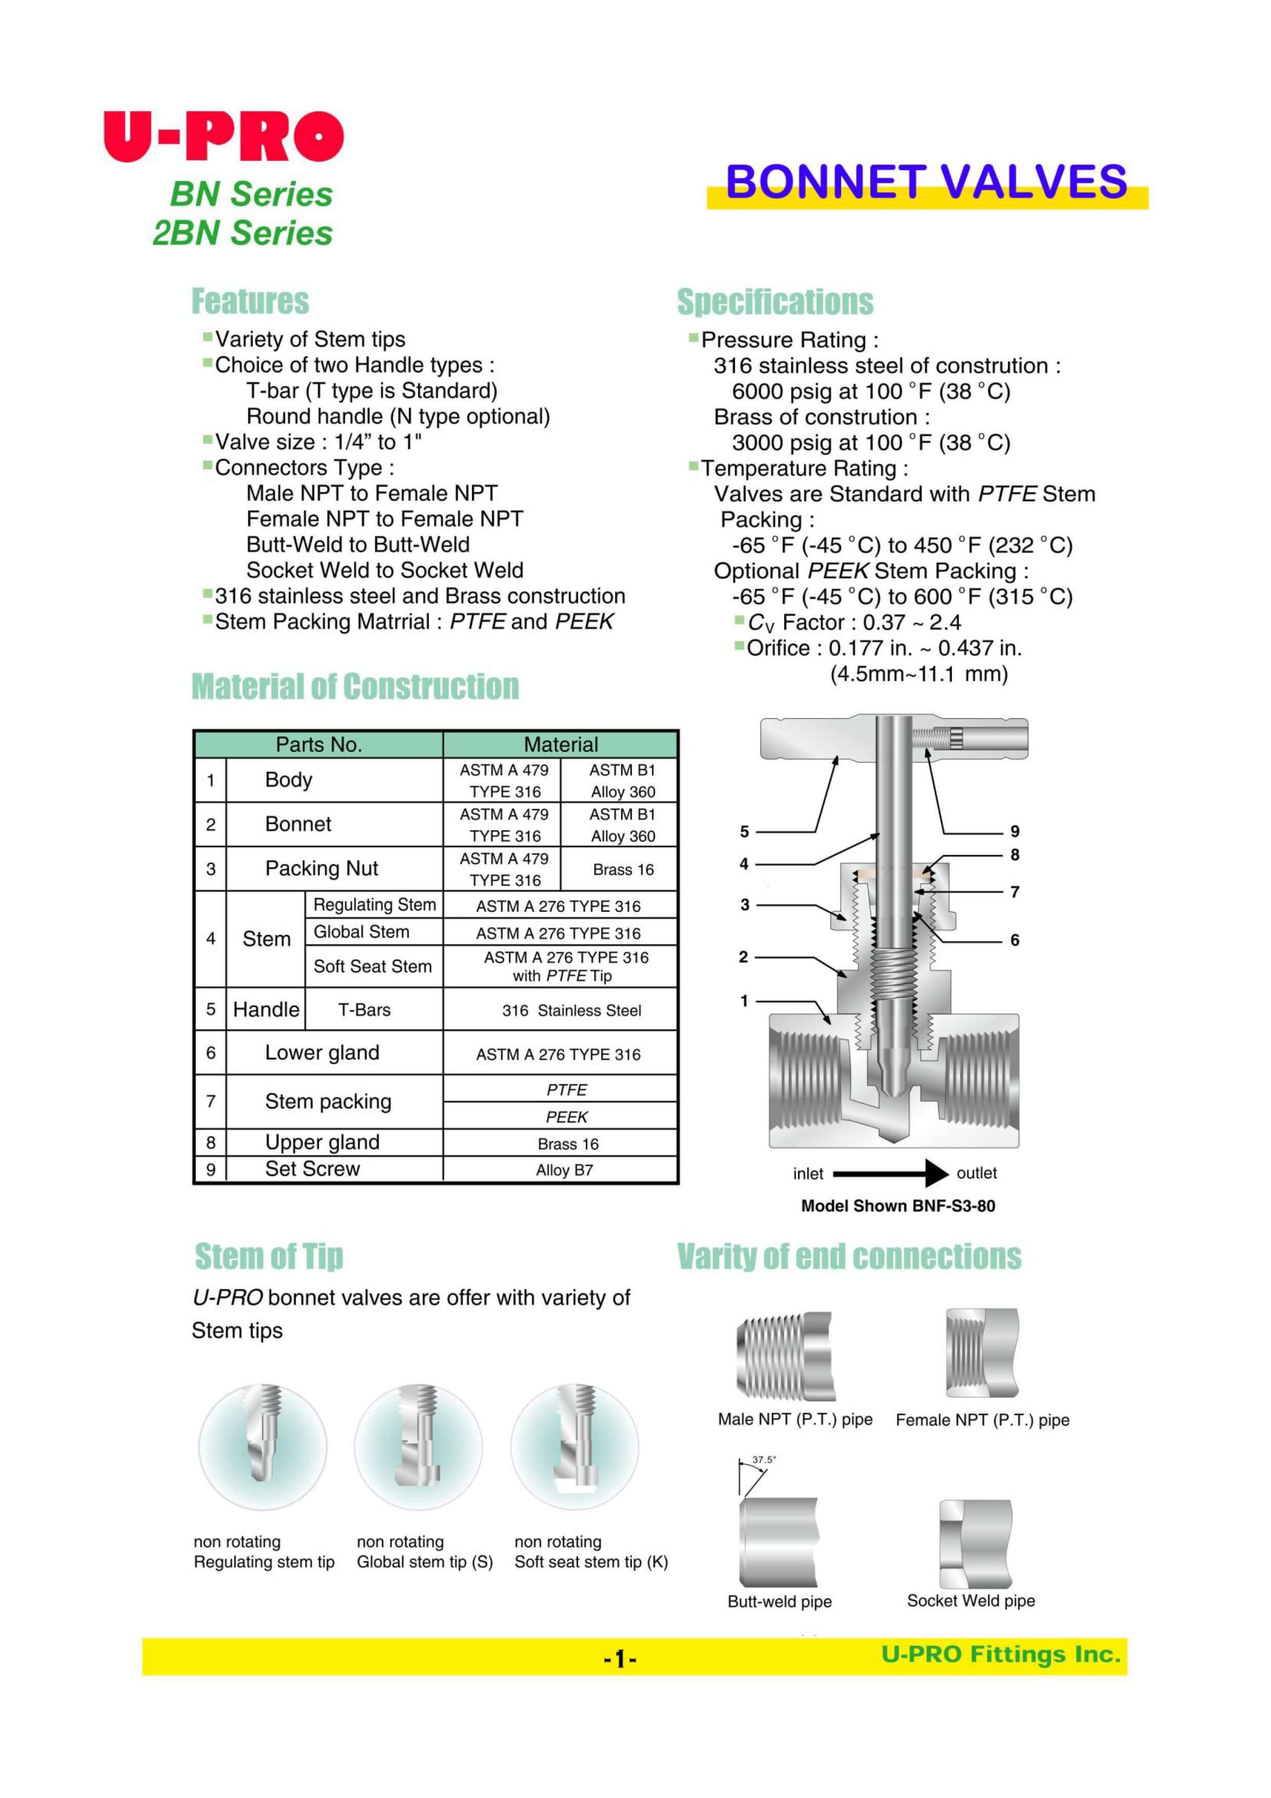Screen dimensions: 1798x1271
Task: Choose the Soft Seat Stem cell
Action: [x=372, y=966]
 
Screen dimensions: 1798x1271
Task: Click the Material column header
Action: [x=561, y=744]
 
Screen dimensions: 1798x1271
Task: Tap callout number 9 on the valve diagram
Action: [x=1014, y=832]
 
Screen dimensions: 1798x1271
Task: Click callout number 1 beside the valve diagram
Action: [x=744, y=1001]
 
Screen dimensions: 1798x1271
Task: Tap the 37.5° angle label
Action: [x=764, y=1460]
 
